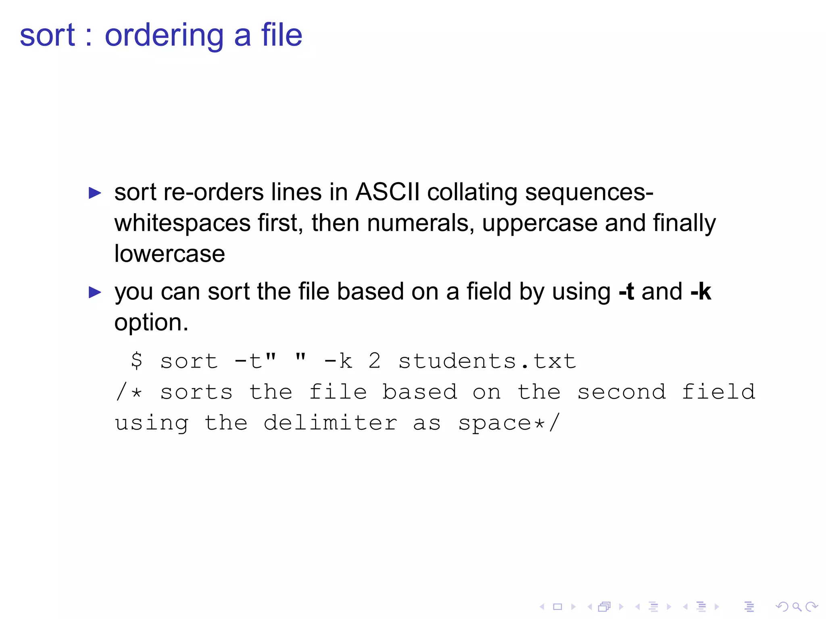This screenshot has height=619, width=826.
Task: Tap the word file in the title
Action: [282, 35]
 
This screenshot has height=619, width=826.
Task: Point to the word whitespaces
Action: [182, 223]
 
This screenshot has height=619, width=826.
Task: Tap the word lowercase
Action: [169, 254]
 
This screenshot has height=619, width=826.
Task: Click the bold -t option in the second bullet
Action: [626, 291]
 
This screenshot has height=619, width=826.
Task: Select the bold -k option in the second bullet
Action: [701, 291]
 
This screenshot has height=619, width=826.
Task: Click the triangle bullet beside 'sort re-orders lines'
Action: [95, 193]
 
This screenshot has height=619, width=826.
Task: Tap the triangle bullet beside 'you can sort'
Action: [95, 292]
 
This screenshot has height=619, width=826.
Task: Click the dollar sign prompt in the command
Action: [137, 360]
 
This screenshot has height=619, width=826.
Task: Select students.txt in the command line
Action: [487, 361]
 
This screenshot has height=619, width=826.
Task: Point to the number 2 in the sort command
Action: [374, 361]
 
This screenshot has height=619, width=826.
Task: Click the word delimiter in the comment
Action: [330, 423]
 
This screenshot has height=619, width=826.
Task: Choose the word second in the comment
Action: [622, 392]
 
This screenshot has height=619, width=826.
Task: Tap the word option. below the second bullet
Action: [151, 323]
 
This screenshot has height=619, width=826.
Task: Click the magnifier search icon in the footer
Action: [797, 607]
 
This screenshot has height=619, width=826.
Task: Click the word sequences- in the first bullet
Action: [589, 192]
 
